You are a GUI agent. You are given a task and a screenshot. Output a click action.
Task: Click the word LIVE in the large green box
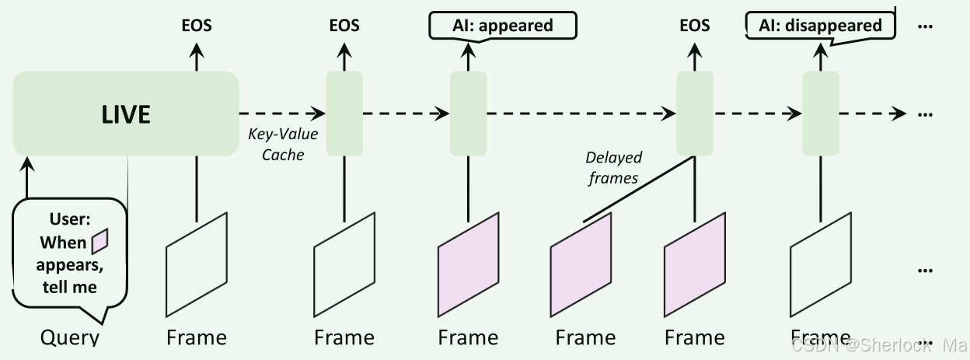(x=126, y=114)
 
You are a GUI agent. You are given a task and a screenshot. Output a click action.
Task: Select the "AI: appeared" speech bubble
(x=503, y=26)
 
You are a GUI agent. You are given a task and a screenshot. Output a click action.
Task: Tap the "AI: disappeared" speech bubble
(x=821, y=26)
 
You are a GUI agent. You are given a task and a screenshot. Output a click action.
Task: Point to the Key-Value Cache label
(x=283, y=144)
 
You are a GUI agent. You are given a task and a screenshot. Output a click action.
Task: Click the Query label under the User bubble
(x=71, y=338)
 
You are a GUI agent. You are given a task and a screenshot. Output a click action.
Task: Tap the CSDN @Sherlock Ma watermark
(x=879, y=344)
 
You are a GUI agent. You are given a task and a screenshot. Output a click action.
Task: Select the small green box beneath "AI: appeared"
(x=468, y=113)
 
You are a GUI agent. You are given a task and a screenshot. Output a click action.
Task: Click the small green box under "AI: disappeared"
(x=821, y=113)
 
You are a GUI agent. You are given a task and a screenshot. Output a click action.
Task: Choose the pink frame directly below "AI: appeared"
(x=468, y=264)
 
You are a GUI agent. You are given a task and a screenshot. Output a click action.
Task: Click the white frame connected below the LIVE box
(x=197, y=264)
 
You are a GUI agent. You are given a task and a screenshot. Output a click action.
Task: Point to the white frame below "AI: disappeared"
(x=821, y=264)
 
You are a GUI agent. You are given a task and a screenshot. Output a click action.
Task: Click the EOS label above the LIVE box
(x=197, y=26)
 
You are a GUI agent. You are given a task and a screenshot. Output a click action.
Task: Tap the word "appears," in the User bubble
(x=70, y=265)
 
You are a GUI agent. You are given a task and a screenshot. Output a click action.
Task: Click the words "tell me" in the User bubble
(x=70, y=287)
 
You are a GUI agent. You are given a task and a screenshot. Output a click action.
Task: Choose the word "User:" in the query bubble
(x=70, y=220)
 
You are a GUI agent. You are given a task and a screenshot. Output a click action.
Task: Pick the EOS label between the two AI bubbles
(x=694, y=26)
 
